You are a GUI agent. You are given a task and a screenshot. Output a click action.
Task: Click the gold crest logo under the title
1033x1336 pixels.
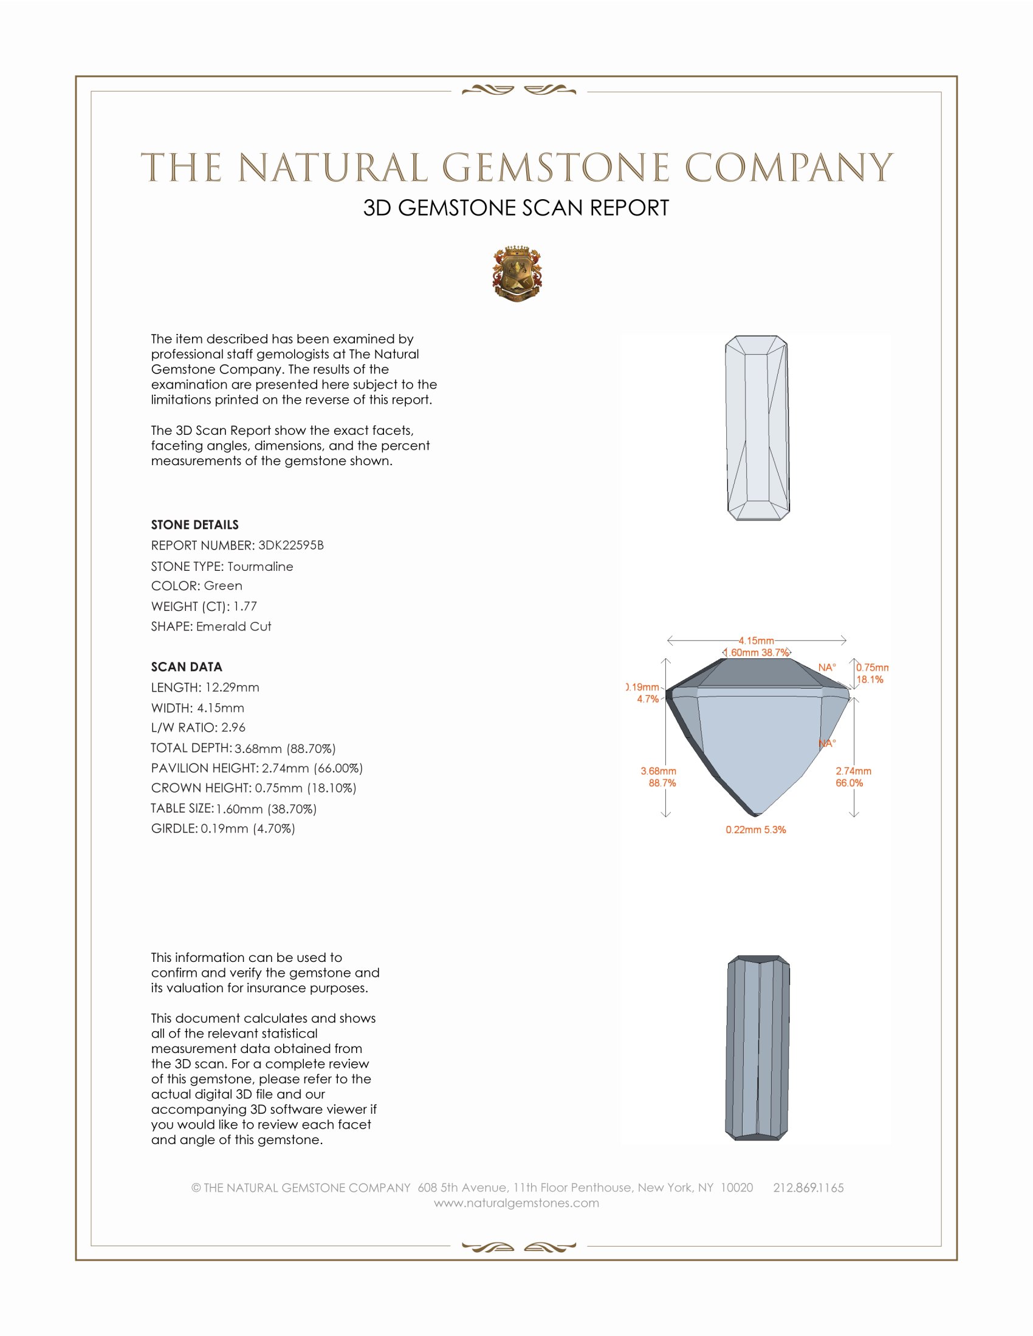517,274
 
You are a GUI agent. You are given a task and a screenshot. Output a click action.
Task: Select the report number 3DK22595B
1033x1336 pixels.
290,545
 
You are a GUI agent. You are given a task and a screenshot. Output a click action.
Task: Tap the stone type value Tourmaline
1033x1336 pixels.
260,567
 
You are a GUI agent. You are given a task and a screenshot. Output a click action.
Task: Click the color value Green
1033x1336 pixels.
223,585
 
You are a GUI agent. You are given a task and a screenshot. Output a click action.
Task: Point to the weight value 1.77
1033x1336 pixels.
245,606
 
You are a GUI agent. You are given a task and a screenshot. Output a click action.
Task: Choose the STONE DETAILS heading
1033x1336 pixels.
194,525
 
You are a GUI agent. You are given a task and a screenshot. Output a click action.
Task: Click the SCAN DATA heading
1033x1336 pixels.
187,667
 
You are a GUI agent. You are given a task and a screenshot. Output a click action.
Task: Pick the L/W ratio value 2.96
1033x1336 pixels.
233,728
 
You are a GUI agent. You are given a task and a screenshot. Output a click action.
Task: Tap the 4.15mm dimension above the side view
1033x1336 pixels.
756,641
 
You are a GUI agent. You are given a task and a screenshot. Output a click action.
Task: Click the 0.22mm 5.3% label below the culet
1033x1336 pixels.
756,830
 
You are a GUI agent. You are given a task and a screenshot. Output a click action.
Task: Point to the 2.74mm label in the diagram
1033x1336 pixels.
853,771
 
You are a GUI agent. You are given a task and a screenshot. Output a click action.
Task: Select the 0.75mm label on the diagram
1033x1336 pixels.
872,667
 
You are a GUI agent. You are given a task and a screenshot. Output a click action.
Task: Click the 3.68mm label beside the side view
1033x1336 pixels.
659,771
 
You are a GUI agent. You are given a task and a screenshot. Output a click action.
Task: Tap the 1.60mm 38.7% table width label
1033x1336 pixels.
757,653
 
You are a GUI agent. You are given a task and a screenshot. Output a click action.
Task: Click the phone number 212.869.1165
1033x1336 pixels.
808,1187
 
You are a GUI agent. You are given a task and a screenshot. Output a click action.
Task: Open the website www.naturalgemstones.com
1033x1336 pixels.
516,1202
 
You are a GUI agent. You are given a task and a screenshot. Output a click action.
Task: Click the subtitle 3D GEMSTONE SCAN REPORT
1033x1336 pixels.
516,208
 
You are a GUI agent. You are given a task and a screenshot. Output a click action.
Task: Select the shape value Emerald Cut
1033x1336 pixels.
233,627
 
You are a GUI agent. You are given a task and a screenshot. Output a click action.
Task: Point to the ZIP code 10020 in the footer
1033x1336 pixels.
736,1187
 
